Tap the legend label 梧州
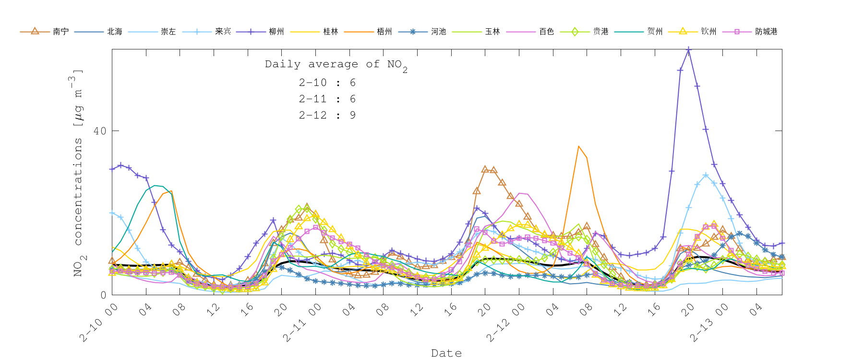(x=384, y=32)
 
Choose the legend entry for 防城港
(x=766, y=32)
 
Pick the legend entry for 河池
(x=438, y=32)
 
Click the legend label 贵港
(x=600, y=32)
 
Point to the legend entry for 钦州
(x=708, y=32)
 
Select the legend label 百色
(x=546, y=32)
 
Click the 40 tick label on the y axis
(x=100, y=131)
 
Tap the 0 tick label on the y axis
(x=103, y=295)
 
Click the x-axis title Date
(x=446, y=353)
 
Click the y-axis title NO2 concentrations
(x=78, y=173)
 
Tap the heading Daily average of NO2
(x=336, y=65)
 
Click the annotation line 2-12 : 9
(x=327, y=115)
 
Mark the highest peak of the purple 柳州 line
(x=689, y=49)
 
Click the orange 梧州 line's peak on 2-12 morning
(x=578, y=146)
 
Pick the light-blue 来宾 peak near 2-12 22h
(x=706, y=175)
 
